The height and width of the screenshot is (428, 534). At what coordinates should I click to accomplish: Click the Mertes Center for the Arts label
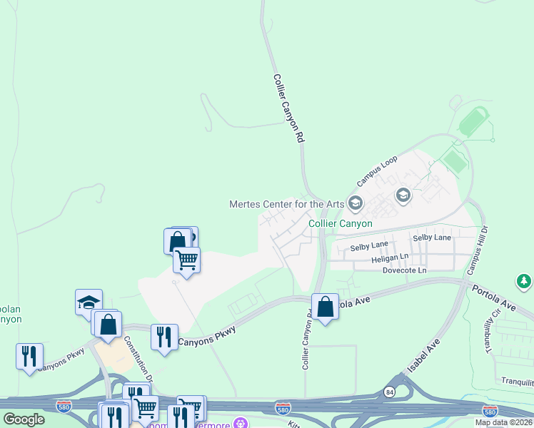286,204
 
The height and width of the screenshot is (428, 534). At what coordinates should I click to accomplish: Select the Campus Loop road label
377,171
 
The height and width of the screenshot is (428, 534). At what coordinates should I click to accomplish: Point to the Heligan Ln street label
390,257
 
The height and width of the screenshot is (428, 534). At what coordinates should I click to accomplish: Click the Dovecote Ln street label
404,270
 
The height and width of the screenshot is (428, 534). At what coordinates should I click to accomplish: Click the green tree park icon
524,282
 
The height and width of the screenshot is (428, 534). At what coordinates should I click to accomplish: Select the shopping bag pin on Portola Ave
326,307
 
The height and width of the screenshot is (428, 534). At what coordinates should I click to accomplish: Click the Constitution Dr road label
138,356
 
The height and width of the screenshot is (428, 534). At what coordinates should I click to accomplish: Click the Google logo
24,419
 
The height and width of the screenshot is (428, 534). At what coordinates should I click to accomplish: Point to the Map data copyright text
504,422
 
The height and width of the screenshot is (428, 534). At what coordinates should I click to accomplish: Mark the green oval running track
474,122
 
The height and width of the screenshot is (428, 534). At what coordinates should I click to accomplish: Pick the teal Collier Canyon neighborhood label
340,223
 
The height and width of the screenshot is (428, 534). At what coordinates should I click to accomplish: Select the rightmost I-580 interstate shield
489,412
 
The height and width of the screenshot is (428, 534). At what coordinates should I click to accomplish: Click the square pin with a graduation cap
89,302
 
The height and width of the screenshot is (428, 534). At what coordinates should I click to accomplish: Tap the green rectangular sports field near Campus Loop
453,160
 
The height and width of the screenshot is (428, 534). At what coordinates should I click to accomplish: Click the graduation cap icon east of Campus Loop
403,195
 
